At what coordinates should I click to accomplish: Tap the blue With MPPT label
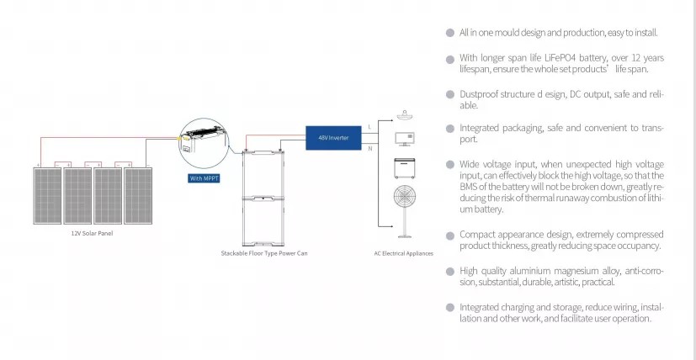[x=203, y=178]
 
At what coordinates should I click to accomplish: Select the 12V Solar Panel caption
[x=92, y=233]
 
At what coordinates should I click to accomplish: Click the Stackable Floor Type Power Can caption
[x=264, y=252]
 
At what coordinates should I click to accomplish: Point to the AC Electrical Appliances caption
[x=403, y=253]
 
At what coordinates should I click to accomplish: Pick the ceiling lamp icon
[x=406, y=115]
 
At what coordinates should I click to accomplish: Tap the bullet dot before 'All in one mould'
[x=450, y=33]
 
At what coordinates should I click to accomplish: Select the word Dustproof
[x=478, y=94]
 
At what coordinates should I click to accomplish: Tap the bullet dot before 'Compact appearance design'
[x=450, y=235]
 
